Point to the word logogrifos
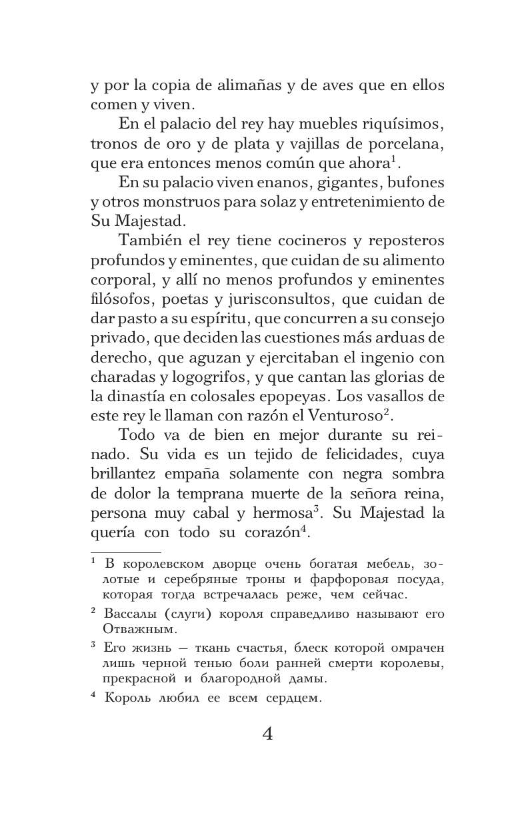click(x=215, y=376)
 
